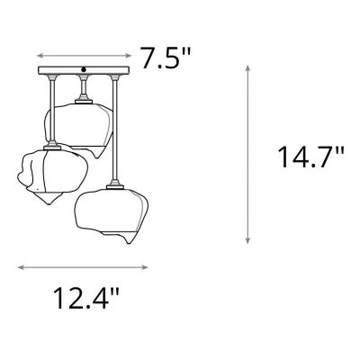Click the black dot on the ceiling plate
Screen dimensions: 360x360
[x=84, y=69]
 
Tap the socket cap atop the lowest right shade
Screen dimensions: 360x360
[x=113, y=186]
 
